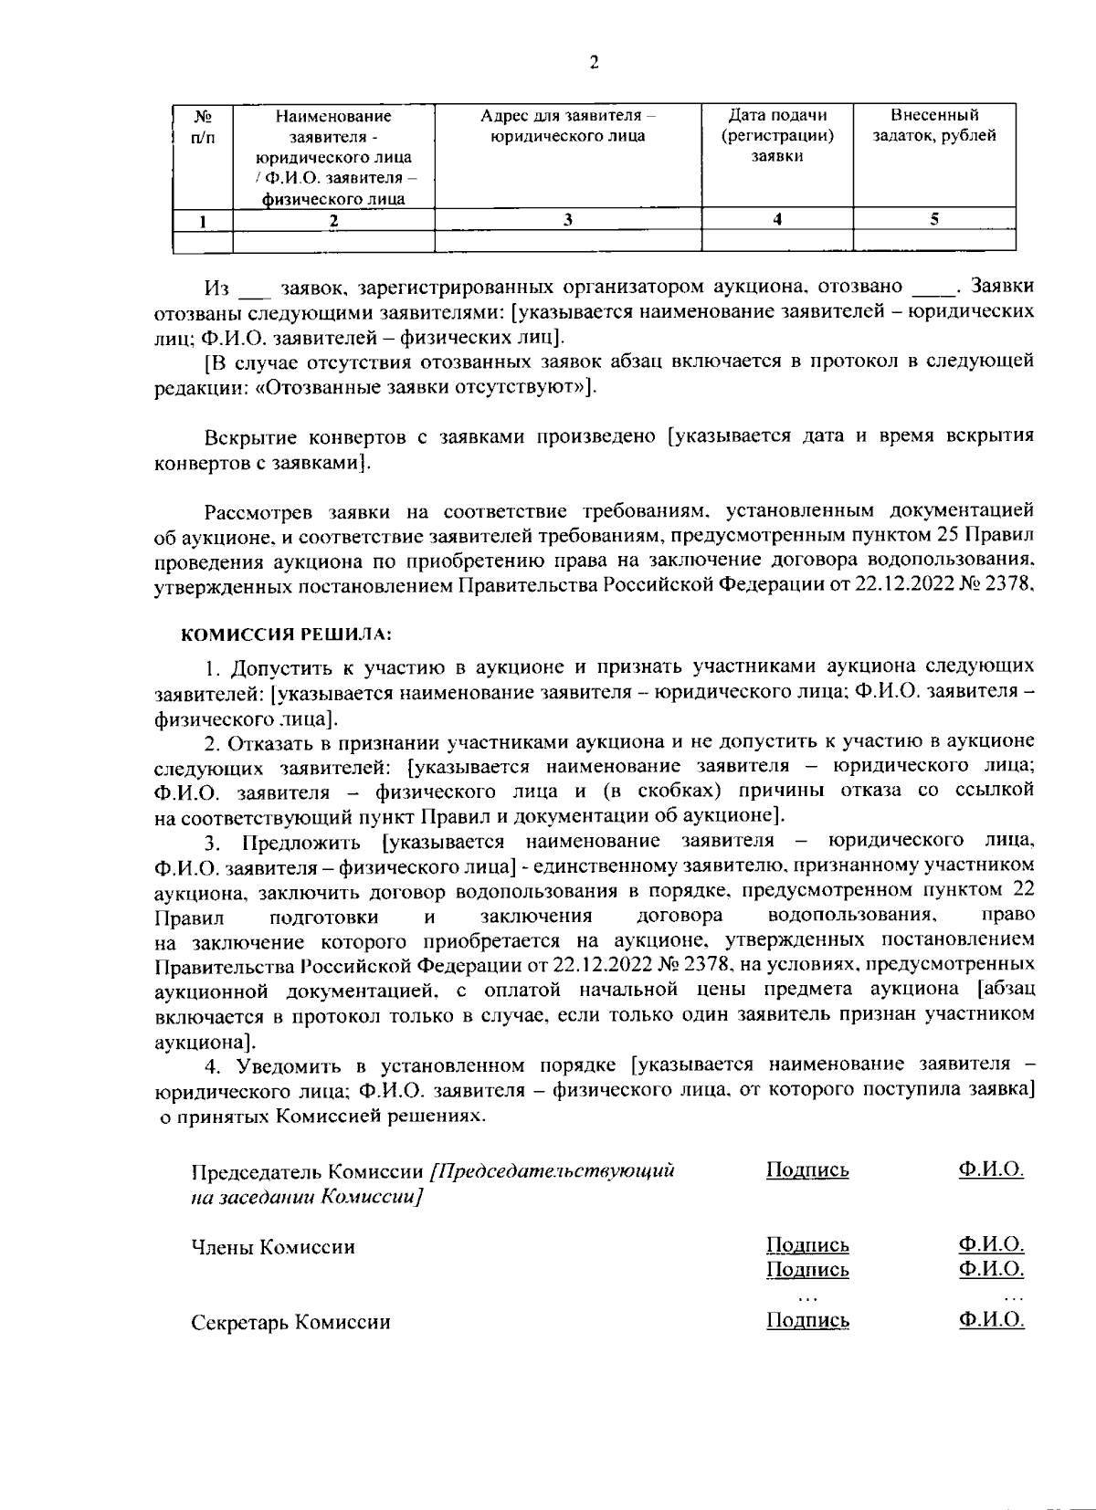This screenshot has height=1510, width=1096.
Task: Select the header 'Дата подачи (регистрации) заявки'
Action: [776, 135]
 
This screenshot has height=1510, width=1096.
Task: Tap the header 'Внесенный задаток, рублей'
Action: [933, 126]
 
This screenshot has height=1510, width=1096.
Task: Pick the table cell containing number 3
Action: [567, 219]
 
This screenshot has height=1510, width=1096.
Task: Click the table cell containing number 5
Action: [933, 219]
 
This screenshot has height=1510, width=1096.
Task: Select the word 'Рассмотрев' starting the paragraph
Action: [266, 509]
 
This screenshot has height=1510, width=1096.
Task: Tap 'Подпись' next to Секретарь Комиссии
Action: [807, 1320]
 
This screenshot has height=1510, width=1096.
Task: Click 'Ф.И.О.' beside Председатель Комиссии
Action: [991, 1169]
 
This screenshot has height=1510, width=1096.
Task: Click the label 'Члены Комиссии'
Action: [273, 1247]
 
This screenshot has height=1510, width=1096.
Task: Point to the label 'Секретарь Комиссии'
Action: [290, 1322]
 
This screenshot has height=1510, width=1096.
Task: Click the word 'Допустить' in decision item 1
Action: [276, 667]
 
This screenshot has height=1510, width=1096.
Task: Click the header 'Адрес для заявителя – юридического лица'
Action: [567, 126]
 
